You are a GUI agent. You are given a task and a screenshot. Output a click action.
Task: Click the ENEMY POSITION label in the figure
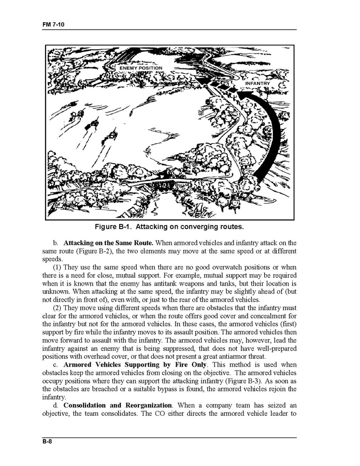(140, 68)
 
